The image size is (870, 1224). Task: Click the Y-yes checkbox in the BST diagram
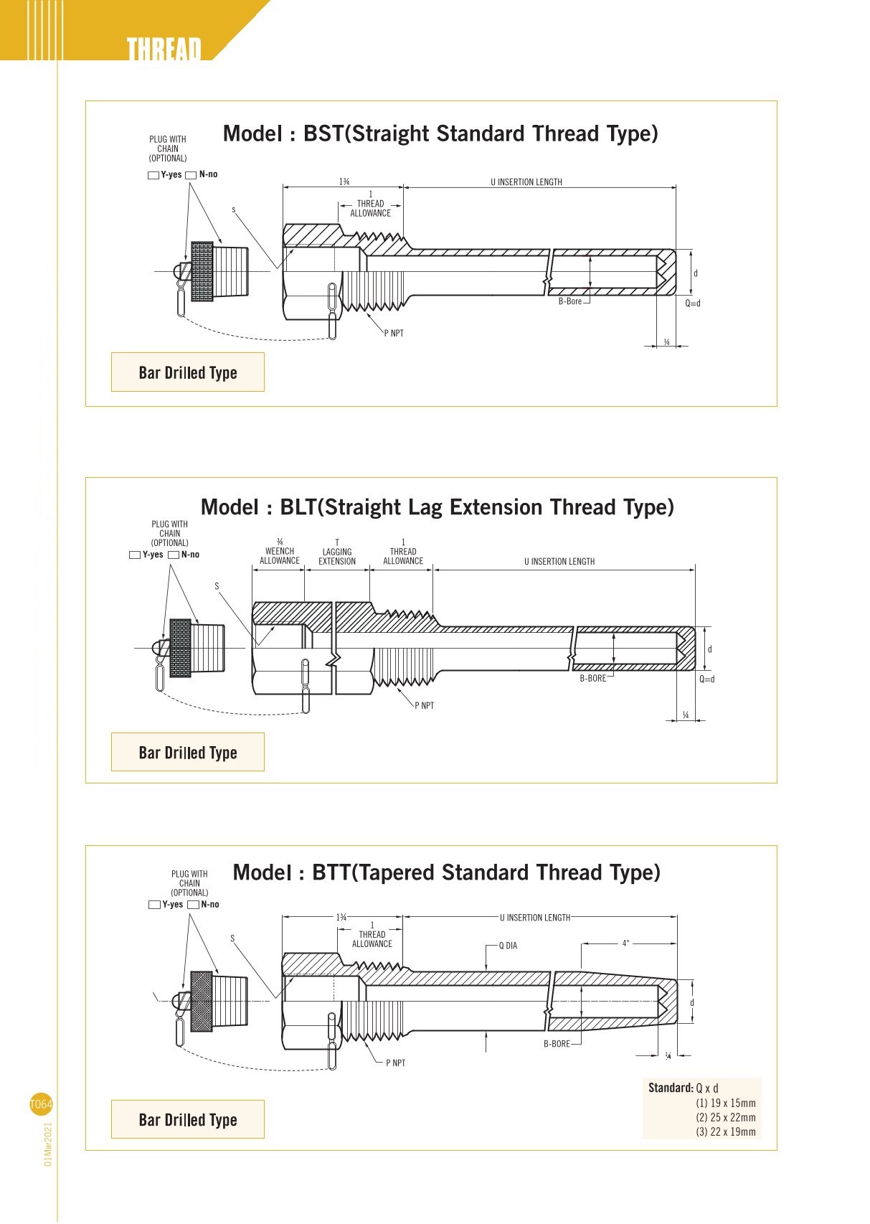click(x=153, y=176)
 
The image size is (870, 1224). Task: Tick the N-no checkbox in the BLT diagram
click(x=174, y=555)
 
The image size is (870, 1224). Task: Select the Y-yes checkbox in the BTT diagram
click(x=154, y=905)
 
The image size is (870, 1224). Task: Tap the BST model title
click(x=440, y=134)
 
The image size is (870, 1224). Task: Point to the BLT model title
click(x=438, y=507)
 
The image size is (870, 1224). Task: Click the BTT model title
click(x=446, y=873)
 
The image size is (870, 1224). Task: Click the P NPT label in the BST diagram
click(x=394, y=334)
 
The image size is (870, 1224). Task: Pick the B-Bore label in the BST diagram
click(x=570, y=302)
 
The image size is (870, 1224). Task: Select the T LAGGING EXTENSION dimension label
click(x=337, y=552)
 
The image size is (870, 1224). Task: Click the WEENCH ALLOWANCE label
click(x=280, y=552)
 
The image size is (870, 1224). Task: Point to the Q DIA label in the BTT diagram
click(x=508, y=946)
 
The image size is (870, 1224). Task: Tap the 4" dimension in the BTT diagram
click(x=625, y=943)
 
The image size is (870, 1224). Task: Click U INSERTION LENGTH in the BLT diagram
click(x=559, y=562)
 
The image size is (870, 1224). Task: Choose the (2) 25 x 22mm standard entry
click(x=726, y=1118)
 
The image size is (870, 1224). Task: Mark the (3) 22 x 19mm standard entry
click(x=726, y=1132)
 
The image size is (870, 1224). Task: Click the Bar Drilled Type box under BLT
click(x=188, y=753)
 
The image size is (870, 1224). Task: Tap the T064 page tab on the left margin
click(x=41, y=1104)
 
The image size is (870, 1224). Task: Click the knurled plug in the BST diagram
click(x=202, y=272)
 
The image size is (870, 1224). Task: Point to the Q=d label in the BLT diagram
click(x=707, y=679)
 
